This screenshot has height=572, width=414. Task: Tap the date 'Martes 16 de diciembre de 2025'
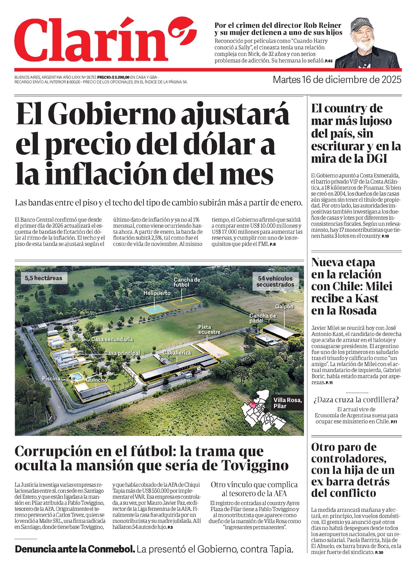click(337, 80)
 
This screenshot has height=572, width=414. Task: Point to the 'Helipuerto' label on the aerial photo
click(157, 293)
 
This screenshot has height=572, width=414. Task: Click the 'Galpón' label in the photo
click(284, 306)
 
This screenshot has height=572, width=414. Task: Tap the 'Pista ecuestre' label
click(209, 329)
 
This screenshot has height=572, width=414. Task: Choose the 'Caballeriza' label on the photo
click(177, 353)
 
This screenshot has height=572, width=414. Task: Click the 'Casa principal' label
click(122, 353)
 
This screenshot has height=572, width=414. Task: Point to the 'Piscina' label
click(51, 379)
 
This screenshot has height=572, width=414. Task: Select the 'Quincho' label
click(97, 380)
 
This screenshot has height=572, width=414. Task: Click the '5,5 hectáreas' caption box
click(43, 278)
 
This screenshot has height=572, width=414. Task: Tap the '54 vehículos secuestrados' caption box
click(275, 281)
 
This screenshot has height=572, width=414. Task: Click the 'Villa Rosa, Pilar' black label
click(287, 403)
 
